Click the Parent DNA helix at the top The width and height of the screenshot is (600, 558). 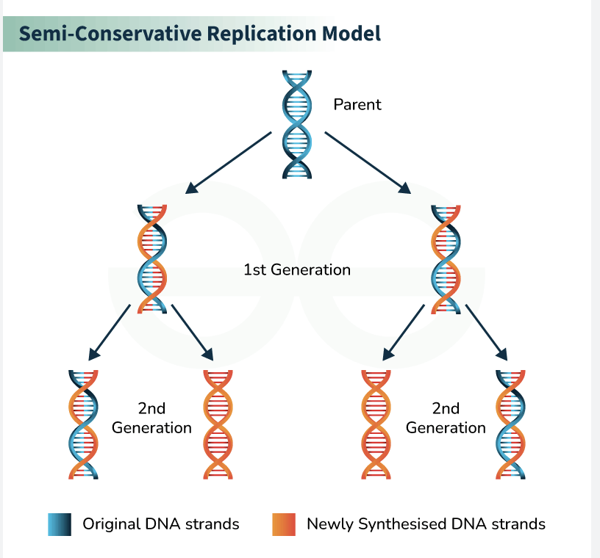point(297,125)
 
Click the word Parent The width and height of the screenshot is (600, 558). point(357,104)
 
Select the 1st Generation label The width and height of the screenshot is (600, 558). point(297,269)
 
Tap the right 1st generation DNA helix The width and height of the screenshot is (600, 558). point(446,259)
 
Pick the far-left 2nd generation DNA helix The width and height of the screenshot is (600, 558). point(83,424)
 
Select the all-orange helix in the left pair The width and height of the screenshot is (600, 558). point(218,424)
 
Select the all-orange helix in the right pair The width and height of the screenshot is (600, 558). point(377,424)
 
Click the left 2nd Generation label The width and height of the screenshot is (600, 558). point(151,418)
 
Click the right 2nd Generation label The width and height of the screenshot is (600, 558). point(446,418)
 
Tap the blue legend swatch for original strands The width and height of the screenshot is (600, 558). point(60,524)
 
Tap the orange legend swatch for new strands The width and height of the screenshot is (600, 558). point(284,524)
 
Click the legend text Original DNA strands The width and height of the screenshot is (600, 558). point(161,524)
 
